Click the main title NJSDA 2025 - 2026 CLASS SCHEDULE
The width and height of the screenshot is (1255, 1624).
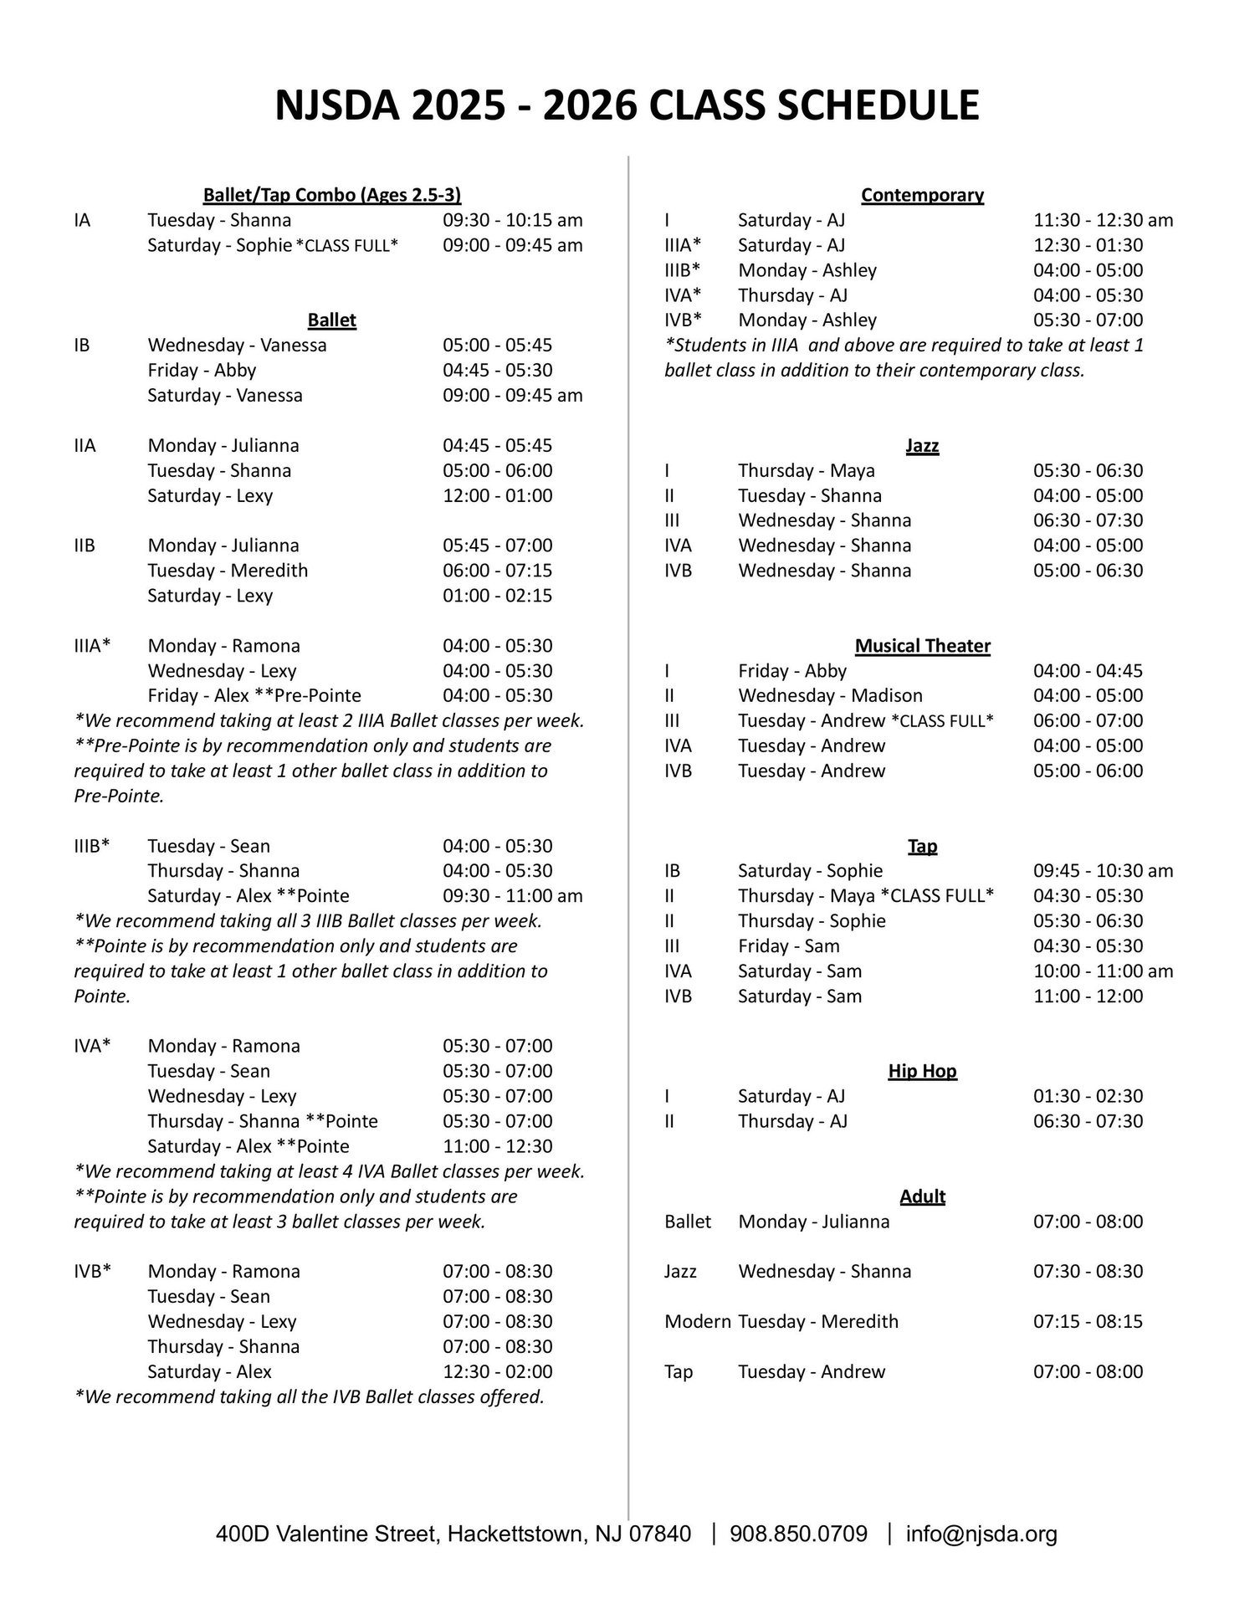(627, 106)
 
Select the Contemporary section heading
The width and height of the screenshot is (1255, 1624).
(922, 195)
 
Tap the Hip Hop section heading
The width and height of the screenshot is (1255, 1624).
(922, 1071)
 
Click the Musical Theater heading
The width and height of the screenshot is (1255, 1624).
(922, 646)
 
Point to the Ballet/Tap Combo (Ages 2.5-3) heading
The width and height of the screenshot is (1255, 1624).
(332, 195)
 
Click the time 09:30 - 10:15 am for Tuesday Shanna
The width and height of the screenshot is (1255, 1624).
(512, 220)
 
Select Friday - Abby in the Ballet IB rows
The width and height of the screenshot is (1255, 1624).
(202, 370)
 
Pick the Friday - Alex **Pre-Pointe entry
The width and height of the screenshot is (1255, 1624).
(254, 695)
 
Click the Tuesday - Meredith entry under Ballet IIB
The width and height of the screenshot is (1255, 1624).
(228, 571)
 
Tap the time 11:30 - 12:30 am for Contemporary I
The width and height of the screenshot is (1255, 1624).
(1103, 220)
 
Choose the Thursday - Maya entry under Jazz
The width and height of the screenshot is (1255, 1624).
(806, 470)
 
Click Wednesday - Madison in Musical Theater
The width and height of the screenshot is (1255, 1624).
(830, 695)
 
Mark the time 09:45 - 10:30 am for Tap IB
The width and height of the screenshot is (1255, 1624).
(1103, 871)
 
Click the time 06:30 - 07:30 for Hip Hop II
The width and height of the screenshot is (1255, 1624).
(1088, 1121)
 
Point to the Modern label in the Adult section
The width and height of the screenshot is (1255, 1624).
(697, 1322)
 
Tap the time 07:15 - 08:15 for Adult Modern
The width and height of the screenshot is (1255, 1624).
(1088, 1322)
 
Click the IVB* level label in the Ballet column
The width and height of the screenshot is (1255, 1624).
(92, 1272)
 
